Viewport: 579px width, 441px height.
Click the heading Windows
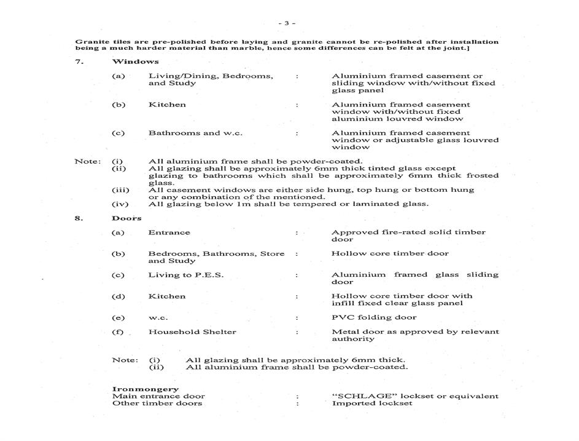point(135,62)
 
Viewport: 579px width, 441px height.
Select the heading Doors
point(126,218)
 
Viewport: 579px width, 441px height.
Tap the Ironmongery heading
point(146,389)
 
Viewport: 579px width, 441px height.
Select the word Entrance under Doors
point(169,232)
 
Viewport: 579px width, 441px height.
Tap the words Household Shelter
point(192,332)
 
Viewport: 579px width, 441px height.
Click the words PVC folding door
point(374,317)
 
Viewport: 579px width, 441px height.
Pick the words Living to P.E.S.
point(185,275)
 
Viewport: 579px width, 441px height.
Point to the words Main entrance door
point(158,396)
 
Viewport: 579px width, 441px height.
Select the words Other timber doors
point(157,403)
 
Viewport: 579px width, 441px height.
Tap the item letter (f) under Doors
point(119,332)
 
